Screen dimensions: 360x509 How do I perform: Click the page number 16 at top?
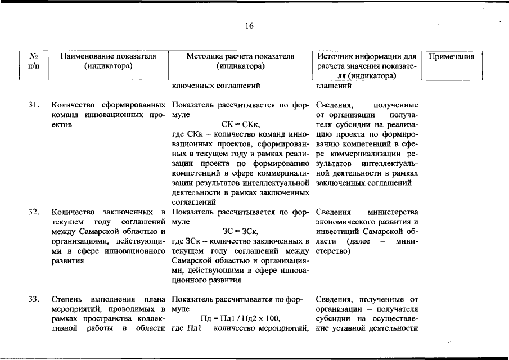(249, 26)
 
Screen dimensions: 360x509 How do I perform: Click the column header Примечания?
(452, 57)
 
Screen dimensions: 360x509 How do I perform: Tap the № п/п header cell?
(34, 61)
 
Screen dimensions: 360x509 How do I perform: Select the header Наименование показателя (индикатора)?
(107, 61)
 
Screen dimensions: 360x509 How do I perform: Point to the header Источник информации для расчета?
(366, 66)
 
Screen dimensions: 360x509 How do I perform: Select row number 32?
(34, 212)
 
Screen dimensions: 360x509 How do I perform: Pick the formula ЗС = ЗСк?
(241, 231)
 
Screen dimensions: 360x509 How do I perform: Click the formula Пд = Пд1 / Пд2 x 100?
(241, 318)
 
